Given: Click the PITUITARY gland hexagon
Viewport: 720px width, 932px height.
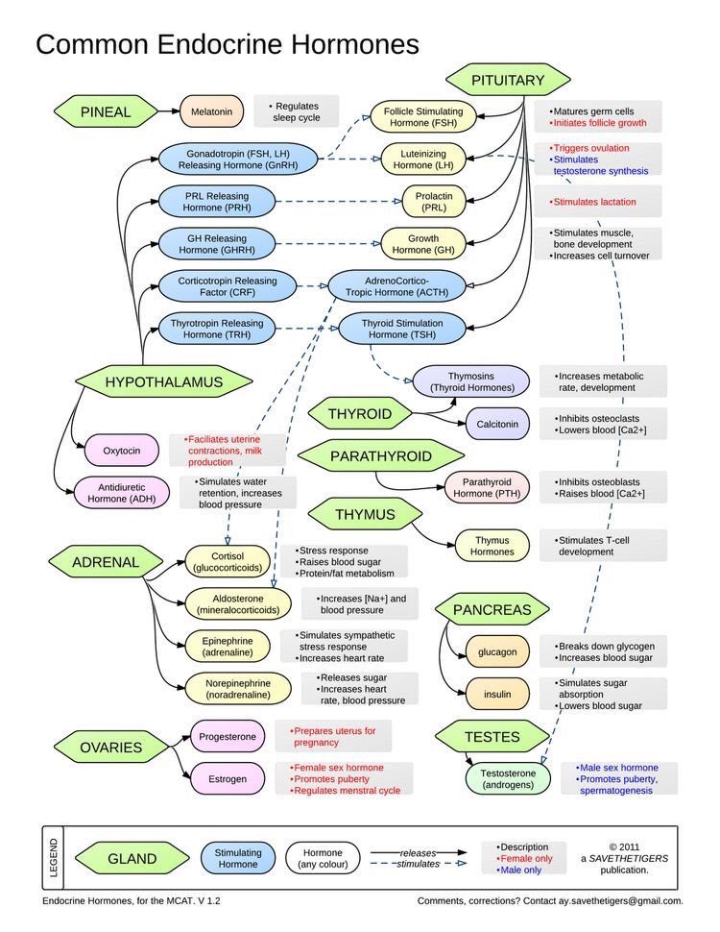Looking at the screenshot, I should click(507, 81).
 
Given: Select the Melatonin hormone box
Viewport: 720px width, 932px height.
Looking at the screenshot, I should click(211, 111).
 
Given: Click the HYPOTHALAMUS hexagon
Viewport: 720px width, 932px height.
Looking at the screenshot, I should click(163, 381).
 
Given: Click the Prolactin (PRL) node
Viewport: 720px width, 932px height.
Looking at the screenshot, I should click(434, 202).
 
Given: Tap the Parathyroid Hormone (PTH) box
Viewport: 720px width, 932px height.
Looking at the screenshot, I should click(488, 487).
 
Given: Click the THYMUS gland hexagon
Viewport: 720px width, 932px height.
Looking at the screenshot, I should click(365, 515).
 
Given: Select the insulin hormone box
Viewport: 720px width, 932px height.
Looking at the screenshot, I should click(497, 693).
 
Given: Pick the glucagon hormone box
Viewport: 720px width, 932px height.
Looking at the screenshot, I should click(497, 651).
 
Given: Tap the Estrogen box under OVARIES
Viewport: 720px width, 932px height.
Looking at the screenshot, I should click(227, 778).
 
